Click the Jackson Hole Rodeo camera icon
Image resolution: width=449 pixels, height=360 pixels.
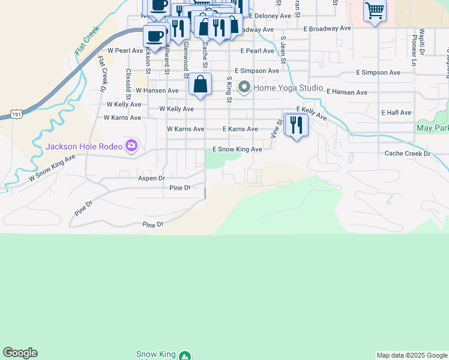coord(131,146)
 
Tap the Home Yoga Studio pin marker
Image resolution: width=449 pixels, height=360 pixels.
coord(244,88)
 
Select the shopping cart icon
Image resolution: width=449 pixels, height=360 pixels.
coord(375,10)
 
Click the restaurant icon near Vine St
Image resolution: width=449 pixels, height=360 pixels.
coord(296,125)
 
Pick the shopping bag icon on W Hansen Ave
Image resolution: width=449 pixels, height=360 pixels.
coord(200,85)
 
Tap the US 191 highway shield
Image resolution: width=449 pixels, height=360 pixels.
coord(16,113)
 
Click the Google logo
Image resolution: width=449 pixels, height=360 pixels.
coord(20,353)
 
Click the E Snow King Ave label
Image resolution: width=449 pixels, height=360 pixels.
coord(237,149)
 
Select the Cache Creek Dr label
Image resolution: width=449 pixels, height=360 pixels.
coord(408,154)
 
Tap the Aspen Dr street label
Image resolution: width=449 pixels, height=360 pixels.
coord(151,178)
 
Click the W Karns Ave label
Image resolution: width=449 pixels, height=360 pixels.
coord(185,129)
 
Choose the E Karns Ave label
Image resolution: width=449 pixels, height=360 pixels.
coord(240,129)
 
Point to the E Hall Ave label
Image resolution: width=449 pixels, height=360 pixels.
coord(396,112)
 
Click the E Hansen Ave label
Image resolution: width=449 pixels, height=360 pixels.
coord(347,92)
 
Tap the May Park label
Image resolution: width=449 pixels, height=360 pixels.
coord(432,128)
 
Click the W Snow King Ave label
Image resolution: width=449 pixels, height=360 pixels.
coord(53,168)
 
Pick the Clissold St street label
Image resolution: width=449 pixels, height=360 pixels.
coord(128,83)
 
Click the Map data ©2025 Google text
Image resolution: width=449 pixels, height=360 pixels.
coord(412,355)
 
